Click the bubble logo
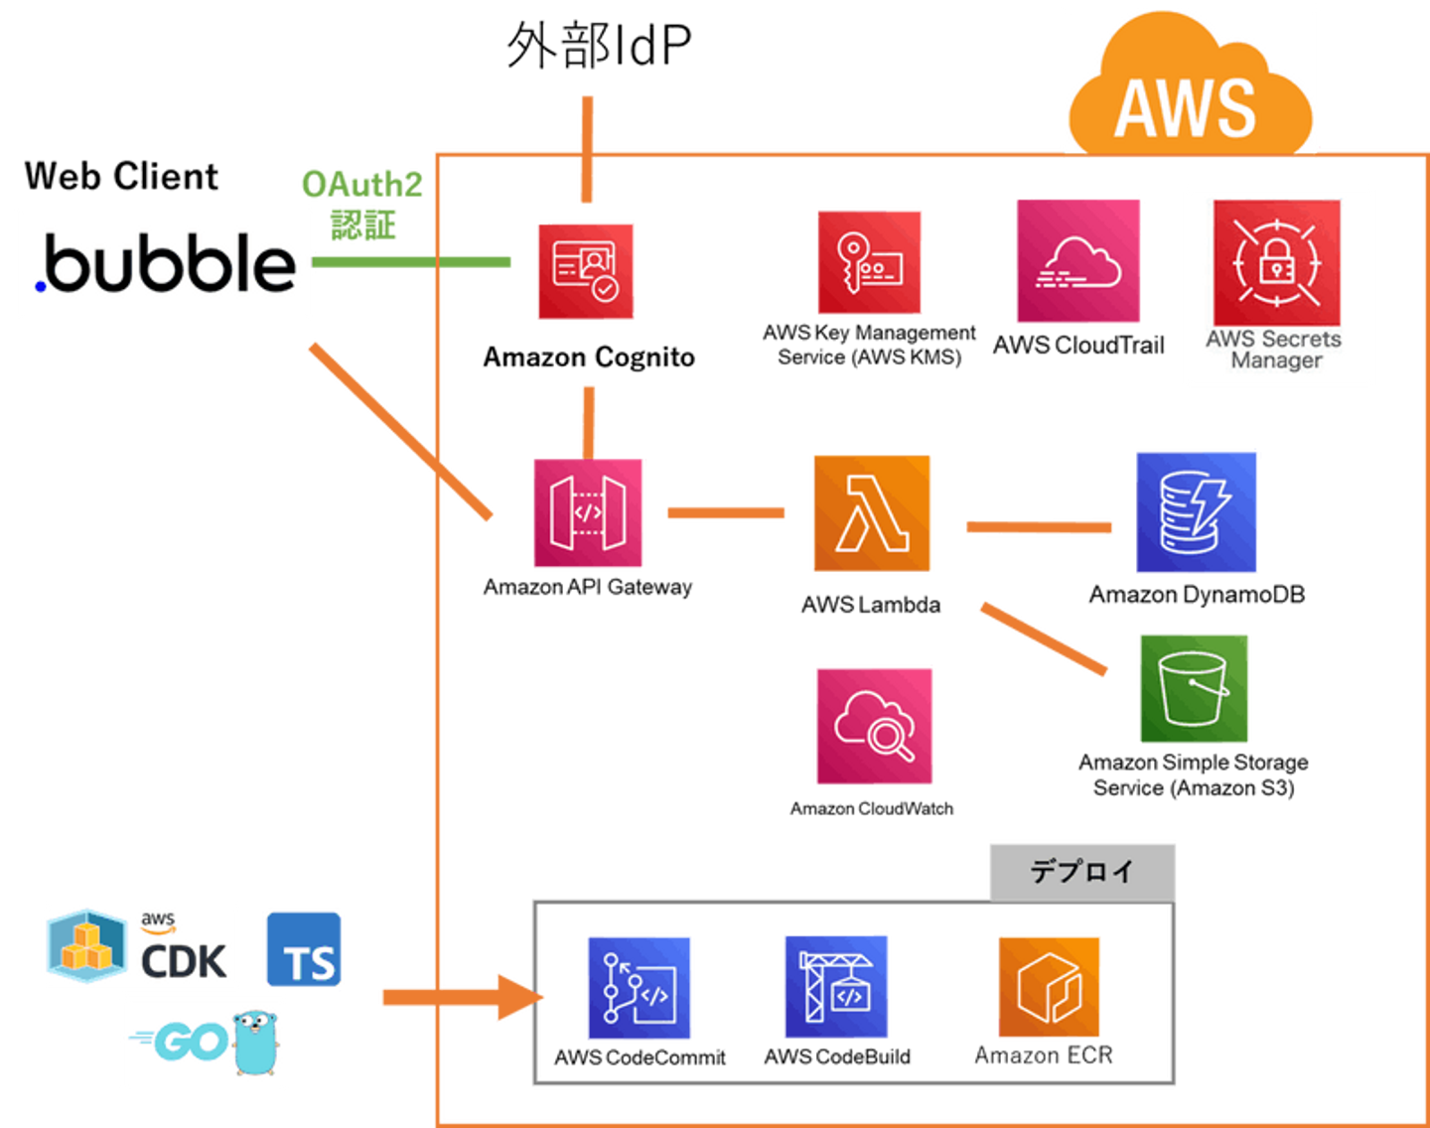click(x=165, y=263)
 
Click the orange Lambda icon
click(x=873, y=514)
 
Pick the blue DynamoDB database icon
click(x=1197, y=512)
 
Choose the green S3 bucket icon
click(x=1195, y=688)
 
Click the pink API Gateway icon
click(x=588, y=513)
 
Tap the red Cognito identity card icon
click(x=587, y=271)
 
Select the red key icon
click(x=870, y=263)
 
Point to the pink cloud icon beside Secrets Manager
click(x=1076, y=261)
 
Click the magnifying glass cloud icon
click(x=874, y=726)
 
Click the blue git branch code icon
click(x=639, y=987)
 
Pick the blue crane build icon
click(x=835, y=986)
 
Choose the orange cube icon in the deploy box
click(x=1049, y=987)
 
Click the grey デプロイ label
click(x=1081, y=871)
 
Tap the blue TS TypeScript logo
click(x=304, y=949)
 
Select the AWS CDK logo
click(x=141, y=945)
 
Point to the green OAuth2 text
click(x=361, y=185)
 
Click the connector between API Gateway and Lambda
click(x=726, y=513)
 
